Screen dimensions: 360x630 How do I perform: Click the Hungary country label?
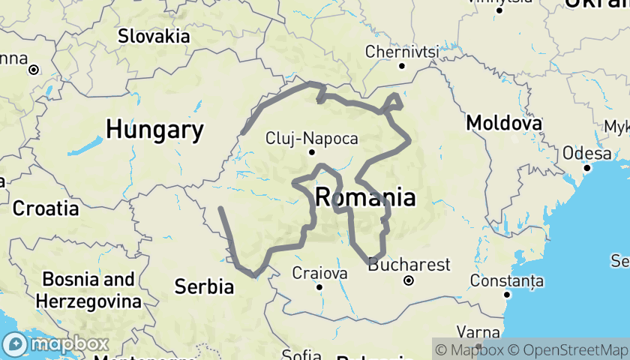[x=154, y=130]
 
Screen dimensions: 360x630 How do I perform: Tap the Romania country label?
[x=365, y=198]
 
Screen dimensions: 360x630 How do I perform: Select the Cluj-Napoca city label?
[x=311, y=139]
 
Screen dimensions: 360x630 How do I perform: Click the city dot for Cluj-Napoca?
[x=312, y=152]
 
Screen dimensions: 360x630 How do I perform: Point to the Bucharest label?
[x=409, y=265]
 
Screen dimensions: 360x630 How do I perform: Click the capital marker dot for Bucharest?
[x=409, y=281]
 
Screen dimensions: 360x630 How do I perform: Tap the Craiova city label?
[x=320, y=271]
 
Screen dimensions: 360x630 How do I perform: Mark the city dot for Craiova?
[x=320, y=286]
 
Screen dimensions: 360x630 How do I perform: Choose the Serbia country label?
[x=203, y=286]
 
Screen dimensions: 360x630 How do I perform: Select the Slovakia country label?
[x=154, y=35]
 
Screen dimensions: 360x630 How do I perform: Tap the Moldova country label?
[x=504, y=122]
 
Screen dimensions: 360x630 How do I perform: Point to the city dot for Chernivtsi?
[x=402, y=66]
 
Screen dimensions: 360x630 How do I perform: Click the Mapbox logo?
[x=56, y=344]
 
